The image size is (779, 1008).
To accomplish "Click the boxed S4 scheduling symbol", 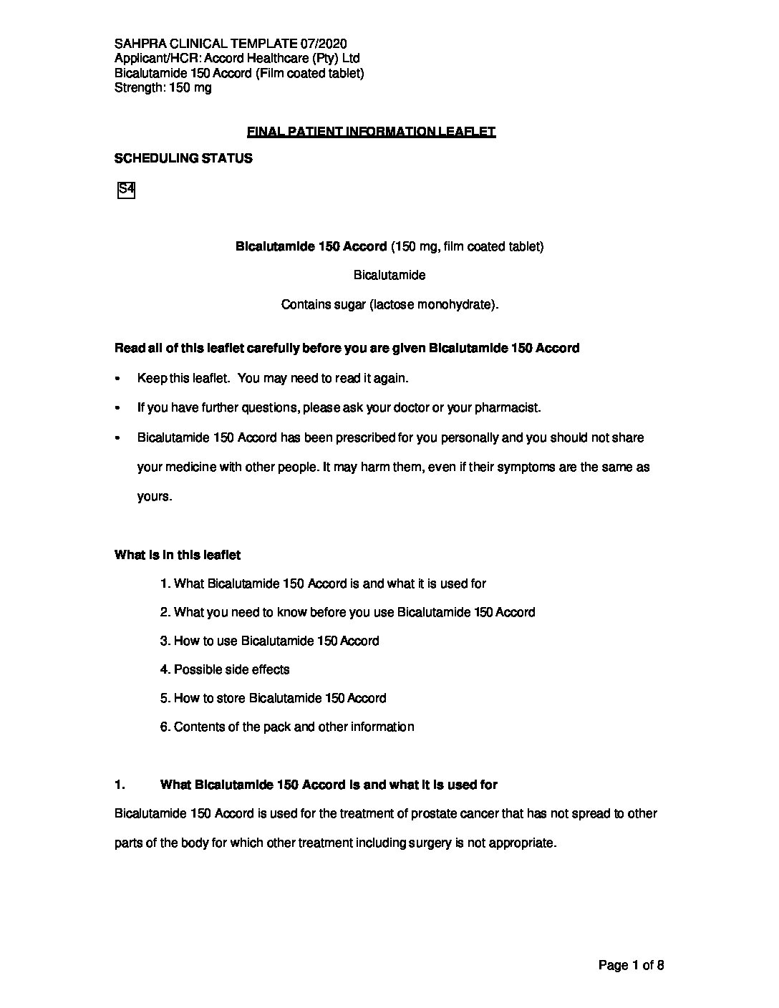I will [x=126, y=190].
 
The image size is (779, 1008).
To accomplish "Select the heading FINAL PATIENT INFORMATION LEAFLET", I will [x=371, y=132].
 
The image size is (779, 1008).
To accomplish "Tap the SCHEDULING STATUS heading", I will [x=183, y=159].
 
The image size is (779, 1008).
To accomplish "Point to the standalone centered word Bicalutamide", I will [x=389, y=276].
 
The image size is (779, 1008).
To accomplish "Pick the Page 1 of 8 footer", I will [x=631, y=966].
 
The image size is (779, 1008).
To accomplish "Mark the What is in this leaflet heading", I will [x=178, y=555].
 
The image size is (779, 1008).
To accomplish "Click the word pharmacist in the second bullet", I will [x=508, y=408].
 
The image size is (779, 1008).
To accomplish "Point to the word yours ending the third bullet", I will [x=154, y=497].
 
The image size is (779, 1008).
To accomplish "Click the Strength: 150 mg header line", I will [x=163, y=88].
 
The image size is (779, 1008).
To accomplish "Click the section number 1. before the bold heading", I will [x=120, y=785].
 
